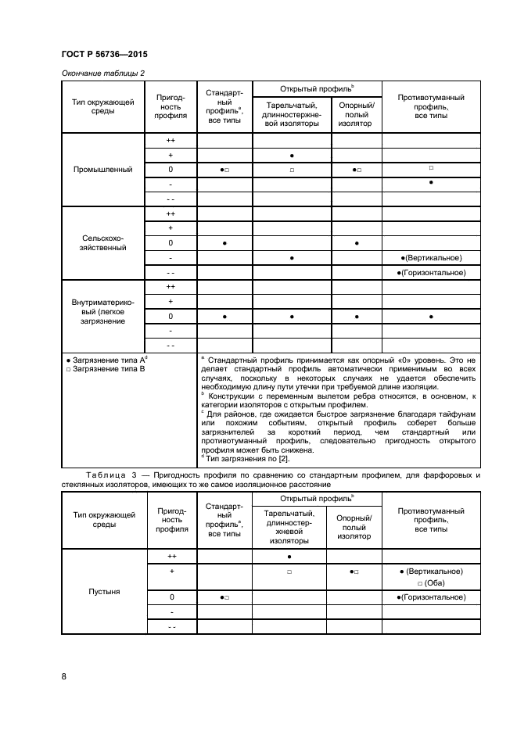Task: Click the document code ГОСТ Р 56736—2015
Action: (x=104, y=54)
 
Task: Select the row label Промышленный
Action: (x=102, y=170)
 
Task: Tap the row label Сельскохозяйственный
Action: (x=102, y=242)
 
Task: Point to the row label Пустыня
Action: (x=102, y=591)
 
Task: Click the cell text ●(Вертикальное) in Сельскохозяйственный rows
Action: (x=431, y=257)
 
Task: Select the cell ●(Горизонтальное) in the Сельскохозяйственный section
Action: (x=431, y=272)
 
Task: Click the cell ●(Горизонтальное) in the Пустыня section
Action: (x=431, y=597)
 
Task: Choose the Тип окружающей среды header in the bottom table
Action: (x=102, y=520)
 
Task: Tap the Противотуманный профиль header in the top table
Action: (x=431, y=106)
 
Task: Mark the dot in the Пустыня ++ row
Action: (x=291, y=556)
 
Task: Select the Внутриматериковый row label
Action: (x=102, y=310)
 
